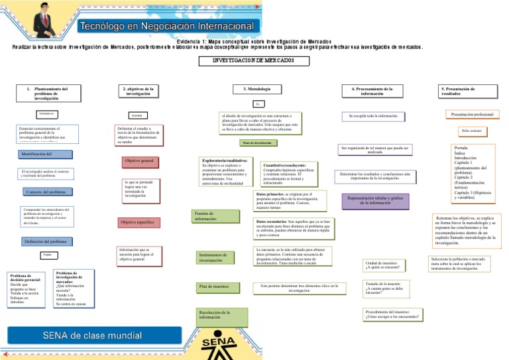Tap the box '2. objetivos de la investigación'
click(x=139, y=91)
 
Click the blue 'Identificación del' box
click(x=46, y=154)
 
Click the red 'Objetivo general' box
click(x=139, y=161)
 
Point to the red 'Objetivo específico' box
click(x=137, y=222)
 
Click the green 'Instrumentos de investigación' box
click(x=217, y=257)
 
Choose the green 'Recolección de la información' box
click(x=217, y=315)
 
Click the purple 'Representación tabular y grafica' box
click(x=374, y=200)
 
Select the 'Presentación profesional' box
click(x=472, y=115)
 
